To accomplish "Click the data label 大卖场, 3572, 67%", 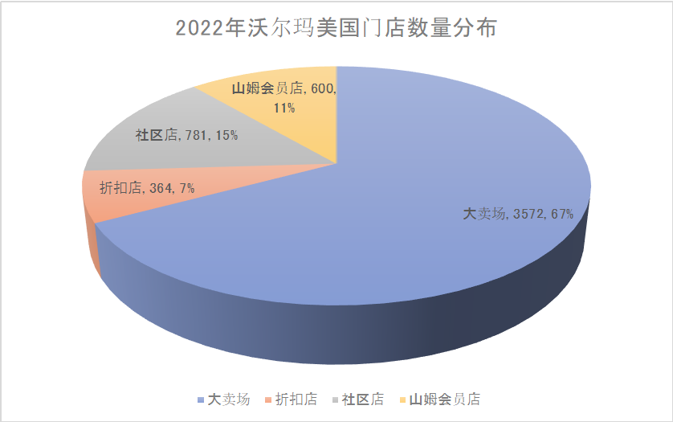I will [x=518, y=214].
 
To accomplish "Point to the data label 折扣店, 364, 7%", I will [x=147, y=188].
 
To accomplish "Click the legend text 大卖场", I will [x=229, y=399].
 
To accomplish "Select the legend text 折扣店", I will [x=296, y=399].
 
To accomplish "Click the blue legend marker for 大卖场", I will [x=200, y=399].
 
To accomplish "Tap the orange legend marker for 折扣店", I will [x=267, y=399].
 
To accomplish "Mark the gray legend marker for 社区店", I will [x=334, y=399].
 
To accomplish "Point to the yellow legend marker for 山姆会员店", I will [x=402, y=399].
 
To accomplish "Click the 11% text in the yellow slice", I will [x=283, y=107].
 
